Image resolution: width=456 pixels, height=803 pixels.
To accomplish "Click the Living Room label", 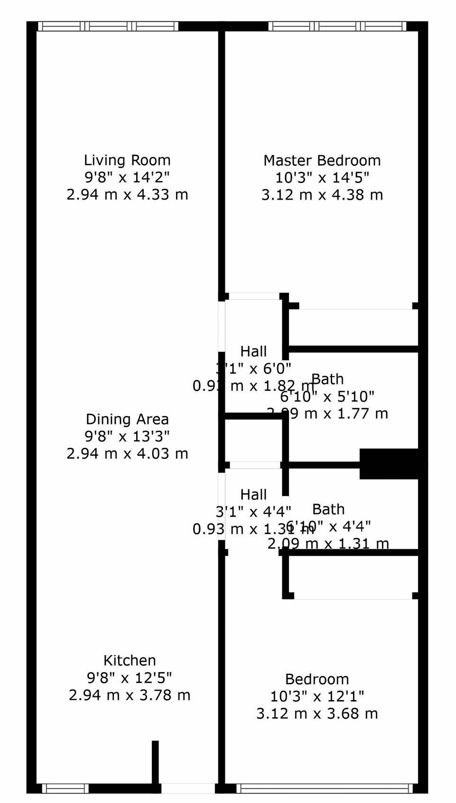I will click(x=127, y=160).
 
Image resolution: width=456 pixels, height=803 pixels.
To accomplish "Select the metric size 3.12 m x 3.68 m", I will click(x=317, y=714).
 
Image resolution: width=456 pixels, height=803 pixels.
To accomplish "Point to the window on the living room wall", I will click(x=108, y=26).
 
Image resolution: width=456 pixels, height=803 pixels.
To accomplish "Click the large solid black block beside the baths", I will click(x=388, y=464).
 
